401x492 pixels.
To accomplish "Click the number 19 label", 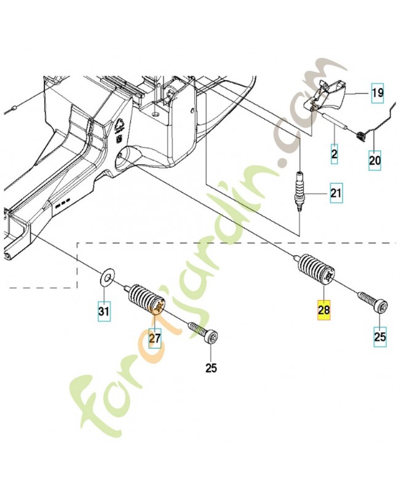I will (377, 94).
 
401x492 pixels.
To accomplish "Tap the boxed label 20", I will (375, 161).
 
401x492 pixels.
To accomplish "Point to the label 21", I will (335, 195).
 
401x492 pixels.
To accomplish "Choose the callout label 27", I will (154, 338).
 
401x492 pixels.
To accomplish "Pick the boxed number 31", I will (104, 312).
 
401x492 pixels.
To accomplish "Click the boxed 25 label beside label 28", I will (380, 336).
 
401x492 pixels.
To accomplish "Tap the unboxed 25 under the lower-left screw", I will (211, 368).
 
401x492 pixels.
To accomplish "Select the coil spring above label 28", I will (316, 271).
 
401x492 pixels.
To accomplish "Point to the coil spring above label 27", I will (146, 298).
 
